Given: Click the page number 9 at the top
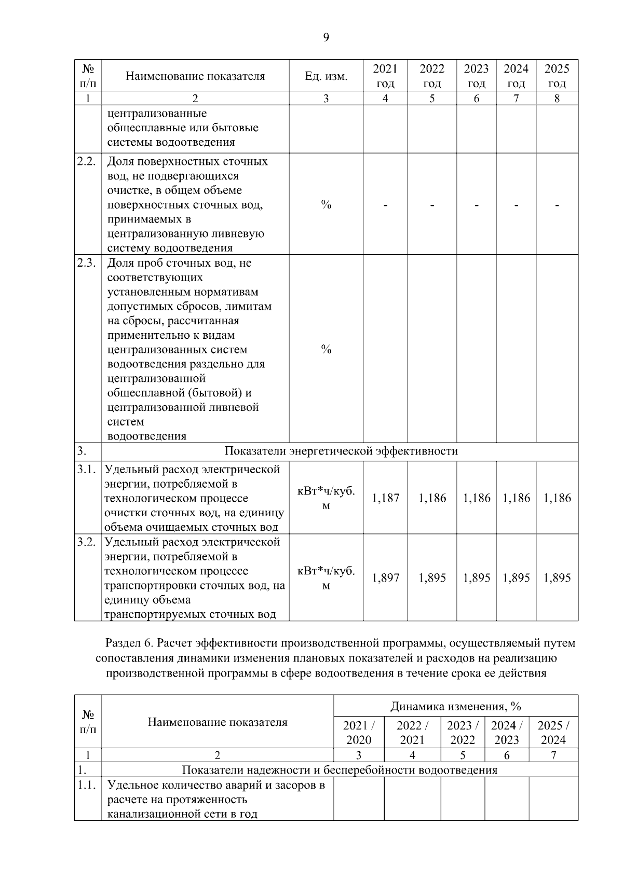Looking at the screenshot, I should pyautogui.click(x=326, y=37).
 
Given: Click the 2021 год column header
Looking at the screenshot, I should pyautogui.click(x=385, y=76).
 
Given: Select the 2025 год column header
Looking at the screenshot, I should pyautogui.click(x=557, y=76).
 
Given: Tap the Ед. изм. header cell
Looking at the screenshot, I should pyautogui.click(x=326, y=76).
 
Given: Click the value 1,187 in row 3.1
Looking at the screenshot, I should pyautogui.click(x=385, y=498).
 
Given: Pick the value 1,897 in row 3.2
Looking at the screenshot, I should pyautogui.click(x=385, y=578).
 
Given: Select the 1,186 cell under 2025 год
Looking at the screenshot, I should pyautogui.click(x=557, y=498).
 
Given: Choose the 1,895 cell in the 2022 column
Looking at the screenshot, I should pyautogui.click(x=432, y=578).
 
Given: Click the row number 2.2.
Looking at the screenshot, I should pyautogui.click(x=86, y=161).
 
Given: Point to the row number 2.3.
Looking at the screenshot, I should pyautogui.click(x=86, y=263).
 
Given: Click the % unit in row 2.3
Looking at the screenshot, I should pyautogui.click(x=326, y=350).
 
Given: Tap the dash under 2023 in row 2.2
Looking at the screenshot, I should pyautogui.click(x=476, y=205).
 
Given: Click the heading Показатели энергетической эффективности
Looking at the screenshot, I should pyautogui.click(x=341, y=451).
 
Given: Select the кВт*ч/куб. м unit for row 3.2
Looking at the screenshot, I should pyautogui.click(x=326, y=578).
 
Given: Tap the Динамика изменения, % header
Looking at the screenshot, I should pyautogui.click(x=455, y=706).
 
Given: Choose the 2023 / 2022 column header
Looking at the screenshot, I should pyautogui.click(x=462, y=733).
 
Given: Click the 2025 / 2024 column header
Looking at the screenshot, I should pyautogui.click(x=553, y=733).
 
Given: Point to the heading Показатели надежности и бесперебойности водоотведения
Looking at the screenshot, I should pyautogui.click(x=339, y=770).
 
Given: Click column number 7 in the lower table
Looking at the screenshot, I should pyautogui.click(x=553, y=755).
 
